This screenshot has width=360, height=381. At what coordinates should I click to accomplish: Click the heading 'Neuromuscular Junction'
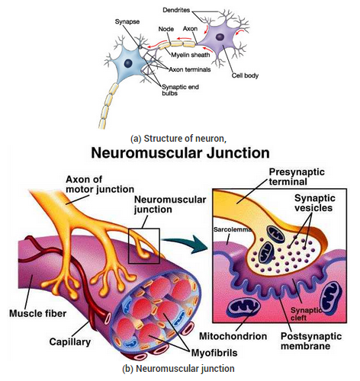[x=180, y=152]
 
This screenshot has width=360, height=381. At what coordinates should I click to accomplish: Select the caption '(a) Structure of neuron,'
[x=180, y=138]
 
